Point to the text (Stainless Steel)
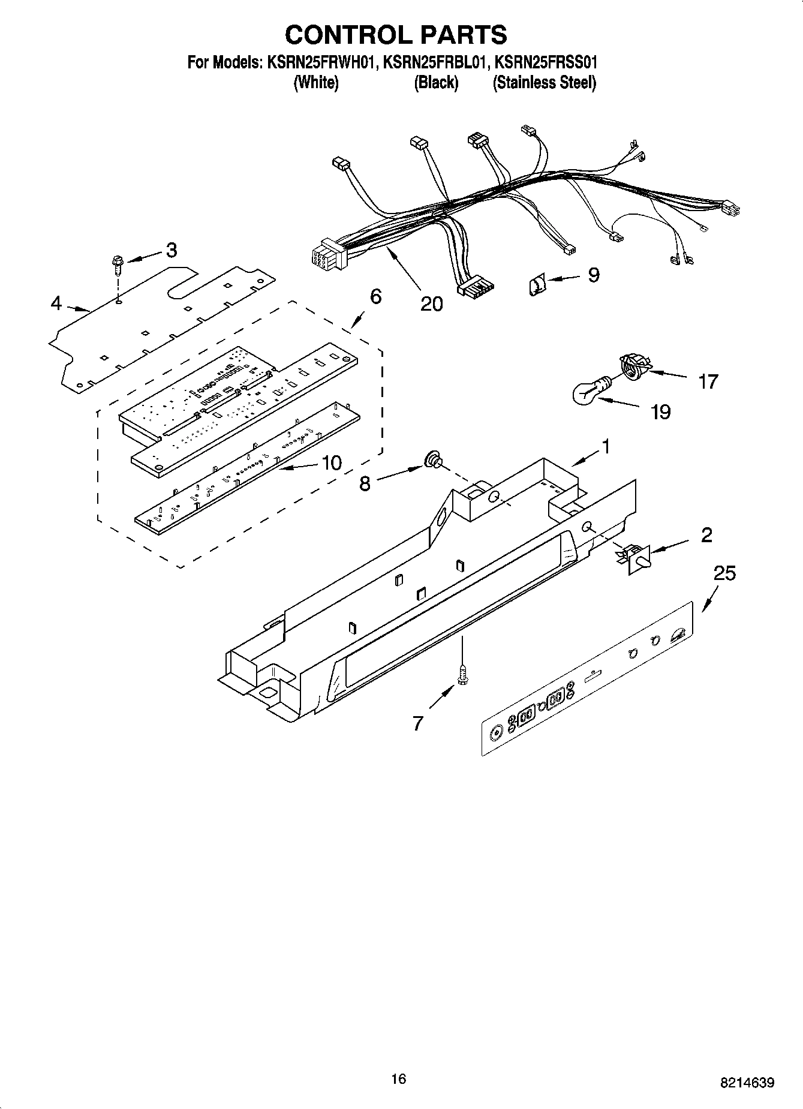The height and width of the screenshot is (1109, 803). pyautogui.click(x=544, y=83)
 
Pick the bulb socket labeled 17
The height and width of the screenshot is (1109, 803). pyautogui.click(x=632, y=366)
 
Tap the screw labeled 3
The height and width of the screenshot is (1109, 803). pyautogui.click(x=116, y=264)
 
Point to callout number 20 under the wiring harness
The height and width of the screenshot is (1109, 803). pyautogui.click(x=431, y=303)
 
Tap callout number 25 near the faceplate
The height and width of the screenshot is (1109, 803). pyautogui.click(x=724, y=573)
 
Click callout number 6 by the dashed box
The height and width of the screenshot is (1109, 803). pyautogui.click(x=375, y=296)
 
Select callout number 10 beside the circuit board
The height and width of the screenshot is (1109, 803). pyautogui.click(x=332, y=462)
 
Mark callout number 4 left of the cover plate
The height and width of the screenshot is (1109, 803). pyautogui.click(x=56, y=303)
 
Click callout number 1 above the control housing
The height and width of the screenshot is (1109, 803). pyautogui.click(x=606, y=446)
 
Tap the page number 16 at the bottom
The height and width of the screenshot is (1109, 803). pyautogui.click(x=398, y=1079)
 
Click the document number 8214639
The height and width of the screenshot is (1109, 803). pyautogui.click(x=747, y=1083)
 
